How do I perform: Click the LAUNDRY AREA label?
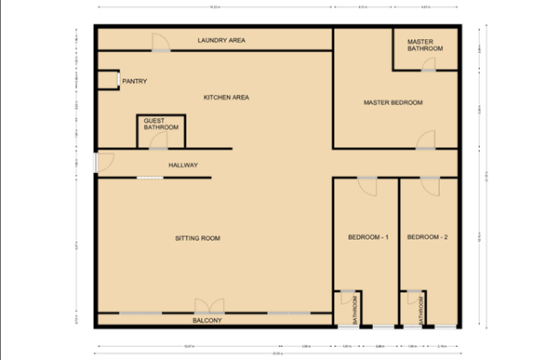click(x=221, y=41)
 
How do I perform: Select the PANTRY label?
click(x=134, y=82)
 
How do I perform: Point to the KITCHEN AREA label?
click(x=226, y=98)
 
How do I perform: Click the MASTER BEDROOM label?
click(x=393, y=102)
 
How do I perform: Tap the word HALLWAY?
click(x=183, y=166)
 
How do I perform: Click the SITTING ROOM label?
click(x=197, y=239)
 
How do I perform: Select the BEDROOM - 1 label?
click(x=367, y=238)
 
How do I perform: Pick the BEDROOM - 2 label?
click(x=428, y=238)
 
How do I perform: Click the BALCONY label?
click(x=207, y=321)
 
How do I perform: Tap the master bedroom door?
click(x=425, y=140)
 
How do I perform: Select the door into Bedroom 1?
click(x=367, y=183)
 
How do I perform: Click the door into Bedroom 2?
click(x=429, y=183)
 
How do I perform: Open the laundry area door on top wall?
click(x=161, y=42)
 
